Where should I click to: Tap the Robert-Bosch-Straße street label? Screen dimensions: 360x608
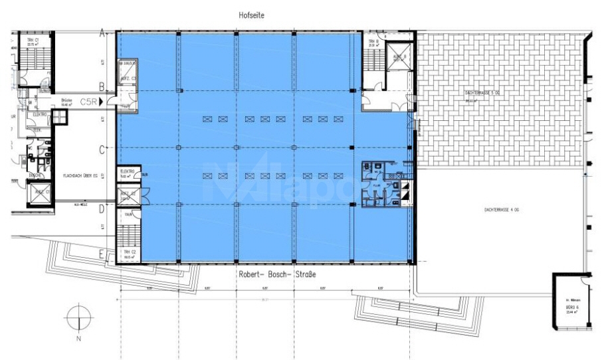click(276, 274)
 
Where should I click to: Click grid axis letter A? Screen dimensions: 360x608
click(102, 33)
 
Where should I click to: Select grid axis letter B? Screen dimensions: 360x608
click(102, 86)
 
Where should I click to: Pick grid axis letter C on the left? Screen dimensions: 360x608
click(102, 150)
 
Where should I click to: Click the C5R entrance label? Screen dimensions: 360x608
click(88, 102)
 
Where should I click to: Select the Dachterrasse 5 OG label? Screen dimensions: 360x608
click(481, 94)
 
